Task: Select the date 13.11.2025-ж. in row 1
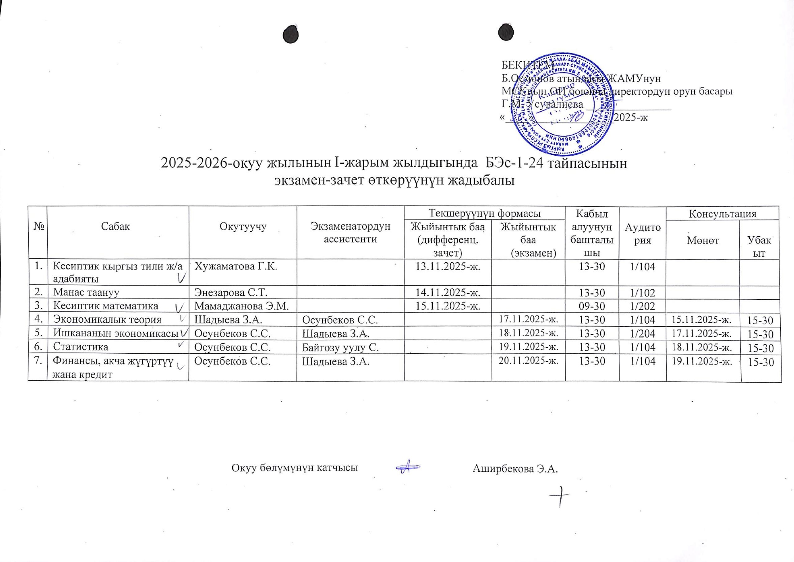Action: [x=448, y=267]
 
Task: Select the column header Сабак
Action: [x=116, y=226]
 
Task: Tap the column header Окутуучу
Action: [x=243, y=226]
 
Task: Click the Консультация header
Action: [x=722, y=214]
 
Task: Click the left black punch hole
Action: [x=290, y=35]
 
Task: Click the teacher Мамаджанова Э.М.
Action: [x=241, y=306]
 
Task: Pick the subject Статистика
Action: [x=80, y=347]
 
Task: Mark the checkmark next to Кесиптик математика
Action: [x=180, y=307]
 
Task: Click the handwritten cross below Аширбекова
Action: [x=560, y=497]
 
